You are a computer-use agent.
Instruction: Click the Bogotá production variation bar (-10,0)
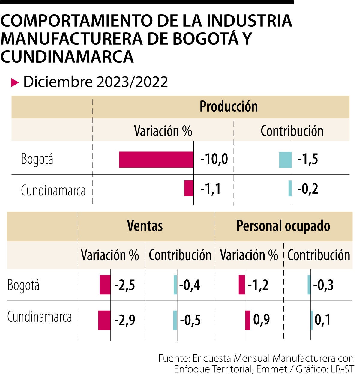click(156, 160)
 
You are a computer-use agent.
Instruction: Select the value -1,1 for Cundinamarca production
click(211, 189)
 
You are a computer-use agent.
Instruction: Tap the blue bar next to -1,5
click(285, 160)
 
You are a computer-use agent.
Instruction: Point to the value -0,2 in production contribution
click(308, 189)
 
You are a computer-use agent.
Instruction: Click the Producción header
click(229, 107)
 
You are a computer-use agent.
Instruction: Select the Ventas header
click(145, 226)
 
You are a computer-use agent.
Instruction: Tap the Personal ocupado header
click(283, 226)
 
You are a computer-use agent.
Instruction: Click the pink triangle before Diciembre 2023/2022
click(15, 82)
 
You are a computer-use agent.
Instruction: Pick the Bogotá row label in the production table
click(37, 159)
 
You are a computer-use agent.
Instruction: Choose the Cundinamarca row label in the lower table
click(40, 317)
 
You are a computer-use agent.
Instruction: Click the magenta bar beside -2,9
click(104, 320)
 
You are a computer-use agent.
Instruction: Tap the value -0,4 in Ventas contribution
click(190, 285)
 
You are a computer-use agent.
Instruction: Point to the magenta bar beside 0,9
click(248, 320)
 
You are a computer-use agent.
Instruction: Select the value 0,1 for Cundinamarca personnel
click(323, 320)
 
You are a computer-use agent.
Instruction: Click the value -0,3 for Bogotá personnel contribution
click(323, 285)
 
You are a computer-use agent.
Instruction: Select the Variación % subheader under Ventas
click(110, 255)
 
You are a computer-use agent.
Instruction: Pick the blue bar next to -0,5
click(175, 320)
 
